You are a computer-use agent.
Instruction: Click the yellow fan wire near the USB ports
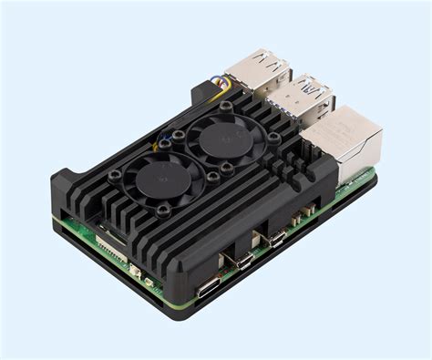coord(221,87)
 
